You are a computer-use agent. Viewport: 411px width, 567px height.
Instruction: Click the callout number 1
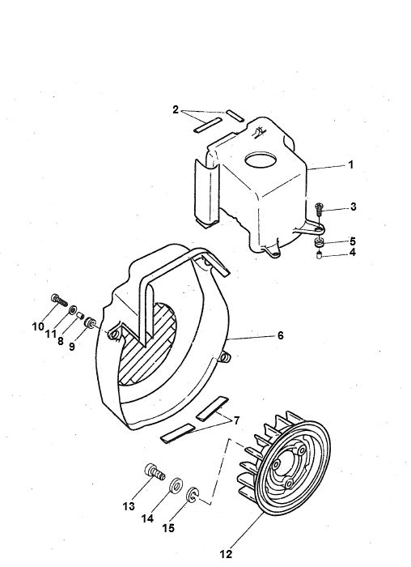[x=351, y=164]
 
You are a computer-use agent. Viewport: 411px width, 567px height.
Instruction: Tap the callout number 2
[x=176, y=109]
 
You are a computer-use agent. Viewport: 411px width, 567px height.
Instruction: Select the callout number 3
[x=353, y=207]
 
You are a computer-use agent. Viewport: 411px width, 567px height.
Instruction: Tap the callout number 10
[x=37, y=326]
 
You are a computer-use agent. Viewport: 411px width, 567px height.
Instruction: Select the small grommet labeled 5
[x=320, y=241]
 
